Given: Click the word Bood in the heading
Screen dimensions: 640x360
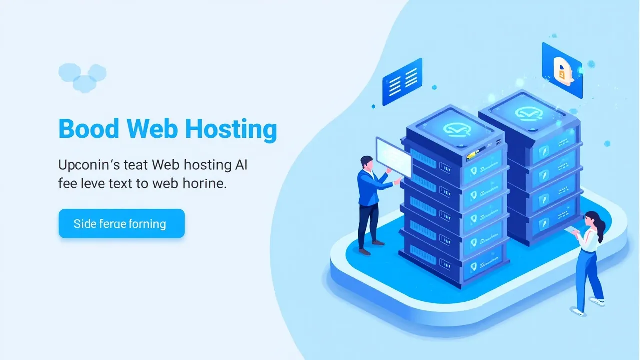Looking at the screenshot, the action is [89, 129].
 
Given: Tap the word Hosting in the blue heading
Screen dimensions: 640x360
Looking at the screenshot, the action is [231, 130].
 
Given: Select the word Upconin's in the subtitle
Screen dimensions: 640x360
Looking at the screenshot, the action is [89, 165].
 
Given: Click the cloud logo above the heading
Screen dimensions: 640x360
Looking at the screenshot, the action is [82, 77].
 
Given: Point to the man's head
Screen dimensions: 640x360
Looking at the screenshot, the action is [367, 163].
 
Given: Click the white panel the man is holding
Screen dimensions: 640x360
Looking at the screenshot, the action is [393, 157].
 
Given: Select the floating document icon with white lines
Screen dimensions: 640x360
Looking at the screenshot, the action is [402, 82].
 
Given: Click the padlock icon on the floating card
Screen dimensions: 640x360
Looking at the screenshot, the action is [562, 72].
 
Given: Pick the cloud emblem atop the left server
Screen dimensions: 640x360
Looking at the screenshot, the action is [457, 129].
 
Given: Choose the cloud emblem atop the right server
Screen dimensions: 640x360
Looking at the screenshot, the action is [529, 113].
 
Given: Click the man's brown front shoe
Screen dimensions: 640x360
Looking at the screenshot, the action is [365, 251].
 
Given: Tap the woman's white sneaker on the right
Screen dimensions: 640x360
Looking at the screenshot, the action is [597, 301].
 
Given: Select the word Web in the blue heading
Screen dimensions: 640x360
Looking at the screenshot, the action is [152, 129].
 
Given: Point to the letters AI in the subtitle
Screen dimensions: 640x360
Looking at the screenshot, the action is [241, 165].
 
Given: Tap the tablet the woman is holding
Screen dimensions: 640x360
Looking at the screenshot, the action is [571, 229].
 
